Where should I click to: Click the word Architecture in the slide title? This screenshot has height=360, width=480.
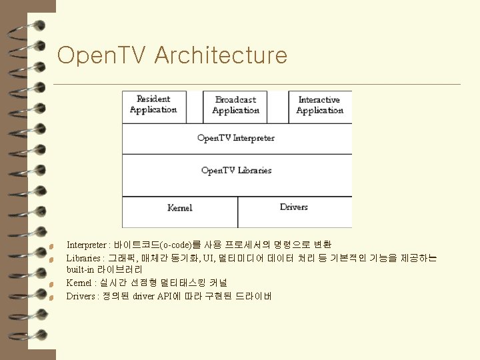221,55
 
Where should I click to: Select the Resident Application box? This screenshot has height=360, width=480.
154,105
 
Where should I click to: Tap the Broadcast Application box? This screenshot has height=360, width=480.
235,105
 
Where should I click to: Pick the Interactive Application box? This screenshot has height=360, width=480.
319,105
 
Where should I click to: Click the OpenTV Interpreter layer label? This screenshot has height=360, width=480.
236,138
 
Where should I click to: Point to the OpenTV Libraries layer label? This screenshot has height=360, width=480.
236,170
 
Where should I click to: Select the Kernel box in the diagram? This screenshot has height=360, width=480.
179,207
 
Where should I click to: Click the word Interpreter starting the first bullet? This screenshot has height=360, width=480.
86,245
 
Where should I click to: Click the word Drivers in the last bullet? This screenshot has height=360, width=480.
81,296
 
